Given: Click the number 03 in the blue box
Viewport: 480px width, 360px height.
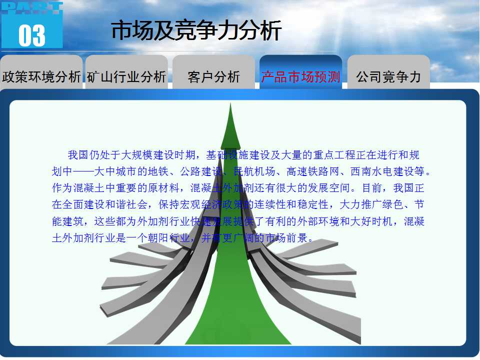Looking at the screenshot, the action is (32, 35).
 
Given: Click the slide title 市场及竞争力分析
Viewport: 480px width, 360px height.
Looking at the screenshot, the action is (196, 30).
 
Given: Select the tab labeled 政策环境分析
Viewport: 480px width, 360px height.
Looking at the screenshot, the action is (41, 76).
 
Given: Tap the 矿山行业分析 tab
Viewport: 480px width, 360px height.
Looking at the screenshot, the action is (126, 76).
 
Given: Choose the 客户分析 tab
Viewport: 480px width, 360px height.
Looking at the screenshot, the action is (213, 76).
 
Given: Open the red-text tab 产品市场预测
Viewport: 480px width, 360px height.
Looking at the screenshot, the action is (300, 76).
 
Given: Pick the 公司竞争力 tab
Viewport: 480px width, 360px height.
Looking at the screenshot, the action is (388, 76).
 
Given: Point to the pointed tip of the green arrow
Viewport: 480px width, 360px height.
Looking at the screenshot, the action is (230, 103).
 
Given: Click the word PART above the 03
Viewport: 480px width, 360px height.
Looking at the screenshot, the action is (32, 8).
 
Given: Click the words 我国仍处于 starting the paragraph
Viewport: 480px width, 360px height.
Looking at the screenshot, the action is (94, 155).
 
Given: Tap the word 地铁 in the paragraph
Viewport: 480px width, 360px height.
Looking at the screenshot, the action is (158, 171).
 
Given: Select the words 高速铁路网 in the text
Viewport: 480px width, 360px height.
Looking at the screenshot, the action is (313, 171).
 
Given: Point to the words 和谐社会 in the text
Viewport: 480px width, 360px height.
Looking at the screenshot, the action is (126, 204).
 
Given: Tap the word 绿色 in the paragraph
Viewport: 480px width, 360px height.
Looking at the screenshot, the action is (393, 204).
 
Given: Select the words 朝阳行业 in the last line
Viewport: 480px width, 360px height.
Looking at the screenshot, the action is (169, 238).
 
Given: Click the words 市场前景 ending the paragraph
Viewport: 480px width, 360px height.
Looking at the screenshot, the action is (286, 238).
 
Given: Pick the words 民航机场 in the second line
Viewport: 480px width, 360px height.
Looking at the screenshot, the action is (254, 171).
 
